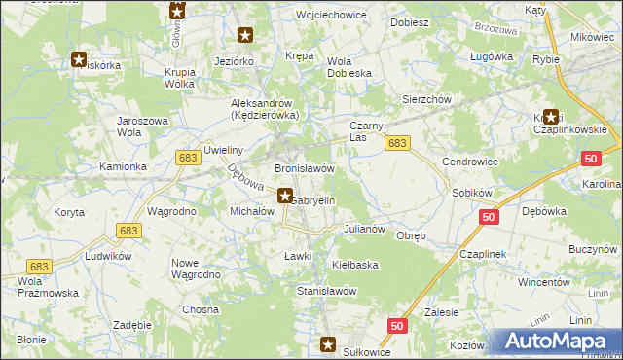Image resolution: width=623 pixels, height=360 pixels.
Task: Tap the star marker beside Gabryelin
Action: coord(285,195)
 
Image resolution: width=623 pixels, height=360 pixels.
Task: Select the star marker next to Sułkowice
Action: coord(329,344)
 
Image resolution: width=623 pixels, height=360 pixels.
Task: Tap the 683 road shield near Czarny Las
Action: coord(396,143)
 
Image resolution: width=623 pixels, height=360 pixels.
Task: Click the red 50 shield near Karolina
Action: coord(591,159)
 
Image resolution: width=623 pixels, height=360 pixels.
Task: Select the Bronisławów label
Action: coord(305,168)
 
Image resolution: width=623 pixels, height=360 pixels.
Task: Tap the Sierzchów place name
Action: coord(427,99)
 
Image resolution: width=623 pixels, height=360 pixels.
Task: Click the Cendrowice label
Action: coord(469,161)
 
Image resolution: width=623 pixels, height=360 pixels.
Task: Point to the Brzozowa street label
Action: coord(497,30)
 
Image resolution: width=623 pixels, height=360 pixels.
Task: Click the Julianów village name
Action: coord(366,230)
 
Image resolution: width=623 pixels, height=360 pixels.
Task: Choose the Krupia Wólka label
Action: coord(189,78)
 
